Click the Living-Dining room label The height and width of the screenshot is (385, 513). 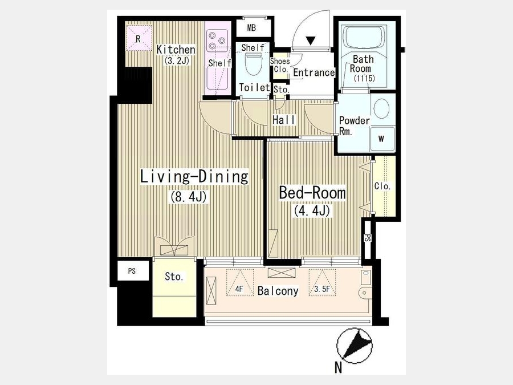click(194, 177)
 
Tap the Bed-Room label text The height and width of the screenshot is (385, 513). click(312, 193)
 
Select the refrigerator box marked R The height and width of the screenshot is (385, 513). click(139, 38)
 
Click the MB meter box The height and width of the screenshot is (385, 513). click(251, 28)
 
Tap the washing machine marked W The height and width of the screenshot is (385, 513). click(381, 139)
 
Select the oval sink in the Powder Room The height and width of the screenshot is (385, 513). click(381, 108)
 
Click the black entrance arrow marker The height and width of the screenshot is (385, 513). click(311, 40)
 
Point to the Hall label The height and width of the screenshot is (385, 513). click(284, 120)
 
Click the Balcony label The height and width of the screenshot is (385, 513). click(278, 291)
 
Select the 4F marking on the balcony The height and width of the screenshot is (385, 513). click(239, 289)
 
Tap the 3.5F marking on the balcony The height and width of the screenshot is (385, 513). click(322, 289)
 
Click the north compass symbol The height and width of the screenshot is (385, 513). click(355, 346)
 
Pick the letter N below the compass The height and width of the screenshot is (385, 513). click(339, 368)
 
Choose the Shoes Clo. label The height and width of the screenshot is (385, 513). click(280, 65)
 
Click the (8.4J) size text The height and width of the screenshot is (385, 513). click(188, 197)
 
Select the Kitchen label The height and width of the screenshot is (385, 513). click(176, 50)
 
